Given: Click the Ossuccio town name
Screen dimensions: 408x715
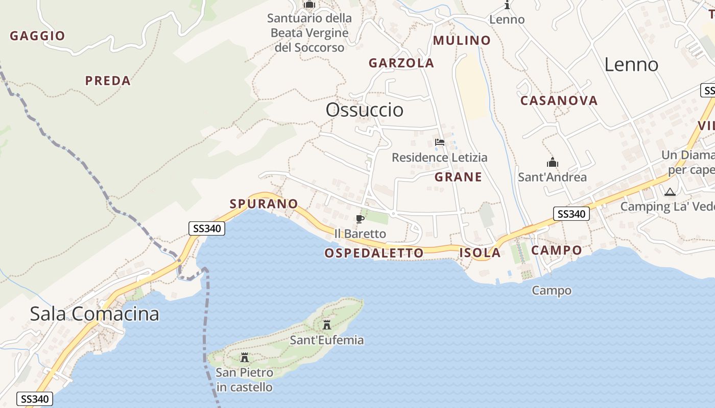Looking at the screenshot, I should coord(364,110).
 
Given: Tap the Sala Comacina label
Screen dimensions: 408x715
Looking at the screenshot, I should coord(94,314).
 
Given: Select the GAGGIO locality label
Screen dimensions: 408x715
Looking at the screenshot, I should coord(37,36).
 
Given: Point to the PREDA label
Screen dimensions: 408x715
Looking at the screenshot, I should coord(108,81).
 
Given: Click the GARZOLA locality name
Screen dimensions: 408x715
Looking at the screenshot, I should coord(401,63).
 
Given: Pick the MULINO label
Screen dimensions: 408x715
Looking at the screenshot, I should coord(462,40).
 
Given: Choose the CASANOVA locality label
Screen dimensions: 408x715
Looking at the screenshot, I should coord(559,100).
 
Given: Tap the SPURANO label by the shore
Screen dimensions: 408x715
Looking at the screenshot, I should coord(264,204).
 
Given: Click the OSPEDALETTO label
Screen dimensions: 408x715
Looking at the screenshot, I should coord(374,253).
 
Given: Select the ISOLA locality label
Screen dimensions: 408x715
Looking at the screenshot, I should coord(480,252).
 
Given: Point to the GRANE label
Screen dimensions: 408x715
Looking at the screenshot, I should coord(458,177).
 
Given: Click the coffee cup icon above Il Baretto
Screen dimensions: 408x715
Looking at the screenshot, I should coord(360,219).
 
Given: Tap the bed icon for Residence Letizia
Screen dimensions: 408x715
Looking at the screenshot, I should coord(439,142).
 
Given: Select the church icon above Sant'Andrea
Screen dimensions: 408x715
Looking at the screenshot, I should coord(552,163).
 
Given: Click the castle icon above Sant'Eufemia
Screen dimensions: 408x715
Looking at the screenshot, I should coord(327,324).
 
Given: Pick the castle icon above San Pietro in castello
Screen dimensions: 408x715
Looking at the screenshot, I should coord(244,357).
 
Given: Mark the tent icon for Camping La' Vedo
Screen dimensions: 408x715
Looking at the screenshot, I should coord(670,192).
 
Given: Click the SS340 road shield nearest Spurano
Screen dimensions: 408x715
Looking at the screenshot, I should coord(207,228).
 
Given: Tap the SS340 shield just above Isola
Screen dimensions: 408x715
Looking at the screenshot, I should coord(571,214).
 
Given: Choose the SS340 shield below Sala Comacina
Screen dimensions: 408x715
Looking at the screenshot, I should coord(35,399).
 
